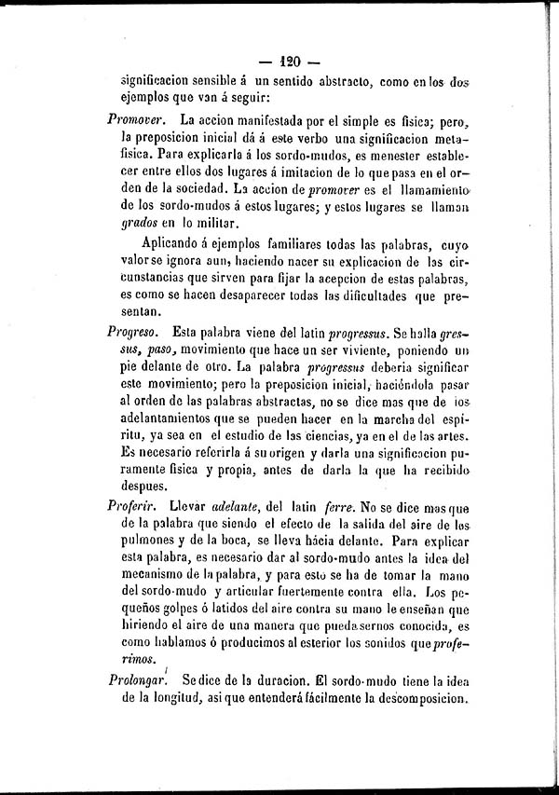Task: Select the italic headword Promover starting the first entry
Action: [136, 120]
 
